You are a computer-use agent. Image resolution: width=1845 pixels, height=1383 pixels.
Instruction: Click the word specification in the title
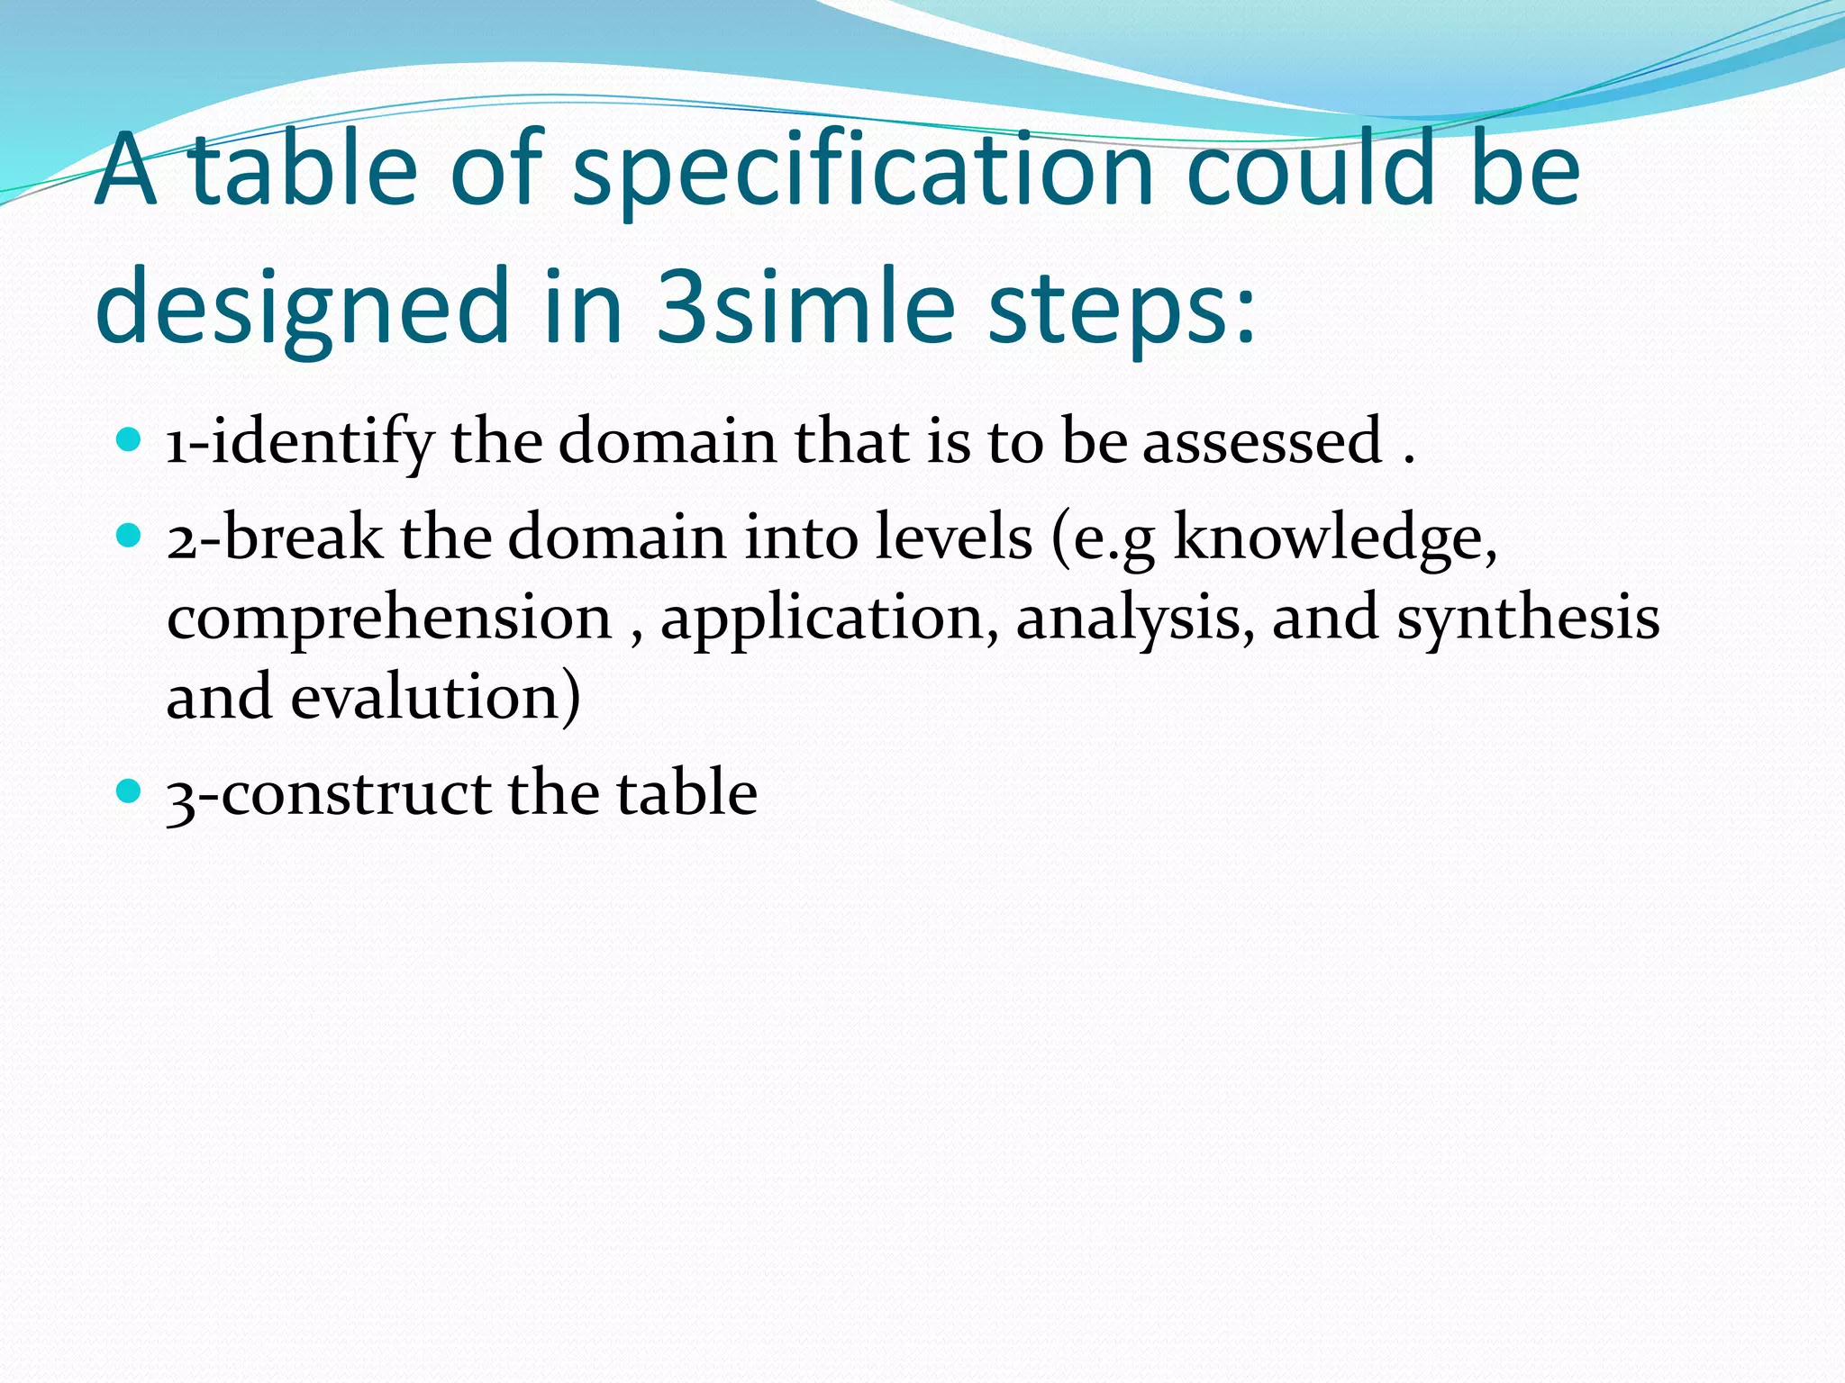coord(863,171)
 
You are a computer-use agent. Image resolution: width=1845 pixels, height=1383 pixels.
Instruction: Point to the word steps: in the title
coord(1121,311)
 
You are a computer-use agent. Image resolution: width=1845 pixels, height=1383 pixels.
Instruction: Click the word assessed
coord(1262,441)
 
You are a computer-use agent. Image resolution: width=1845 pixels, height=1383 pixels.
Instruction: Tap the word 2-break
coord(274,538)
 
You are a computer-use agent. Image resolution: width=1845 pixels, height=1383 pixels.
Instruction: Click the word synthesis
coord(1528,619)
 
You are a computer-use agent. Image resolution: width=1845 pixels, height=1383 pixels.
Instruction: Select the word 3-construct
coord(328,794)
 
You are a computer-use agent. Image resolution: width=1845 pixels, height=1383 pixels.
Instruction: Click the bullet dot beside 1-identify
coord(130,440)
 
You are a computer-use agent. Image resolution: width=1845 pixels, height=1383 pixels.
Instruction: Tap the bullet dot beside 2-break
coord(130,536)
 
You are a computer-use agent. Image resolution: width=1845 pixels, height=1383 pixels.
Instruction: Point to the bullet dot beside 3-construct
coord(130,791)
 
